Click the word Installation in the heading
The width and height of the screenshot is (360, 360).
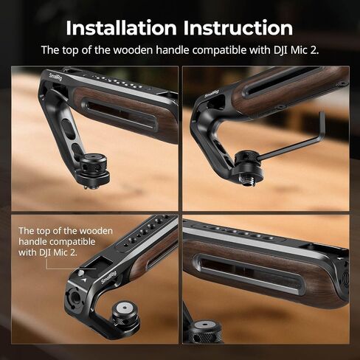click(x=121, y=28)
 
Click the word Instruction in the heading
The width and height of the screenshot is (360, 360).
click(x=238, y=28)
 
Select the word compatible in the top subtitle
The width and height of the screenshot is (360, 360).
click(x=219, y=50)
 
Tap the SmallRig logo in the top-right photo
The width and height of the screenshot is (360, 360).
click(x=212, y=94)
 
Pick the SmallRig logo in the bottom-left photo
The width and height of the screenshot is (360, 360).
click(x=108, y=277)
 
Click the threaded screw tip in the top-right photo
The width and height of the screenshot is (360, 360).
click(x=245, y=181)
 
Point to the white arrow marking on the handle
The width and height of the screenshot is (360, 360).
click(x=84, y=280)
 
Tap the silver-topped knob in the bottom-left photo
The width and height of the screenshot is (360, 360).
click(x=125, y=316)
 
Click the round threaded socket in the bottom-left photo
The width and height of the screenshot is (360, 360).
click(x=74, y=296)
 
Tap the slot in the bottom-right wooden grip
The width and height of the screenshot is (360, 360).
click(x=249, y=274)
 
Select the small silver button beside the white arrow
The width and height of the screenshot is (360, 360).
click(x=80, y=273)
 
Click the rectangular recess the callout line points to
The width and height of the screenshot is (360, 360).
click(x=94, y=265)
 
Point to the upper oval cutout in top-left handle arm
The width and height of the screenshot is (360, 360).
click(x=66, y=125)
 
